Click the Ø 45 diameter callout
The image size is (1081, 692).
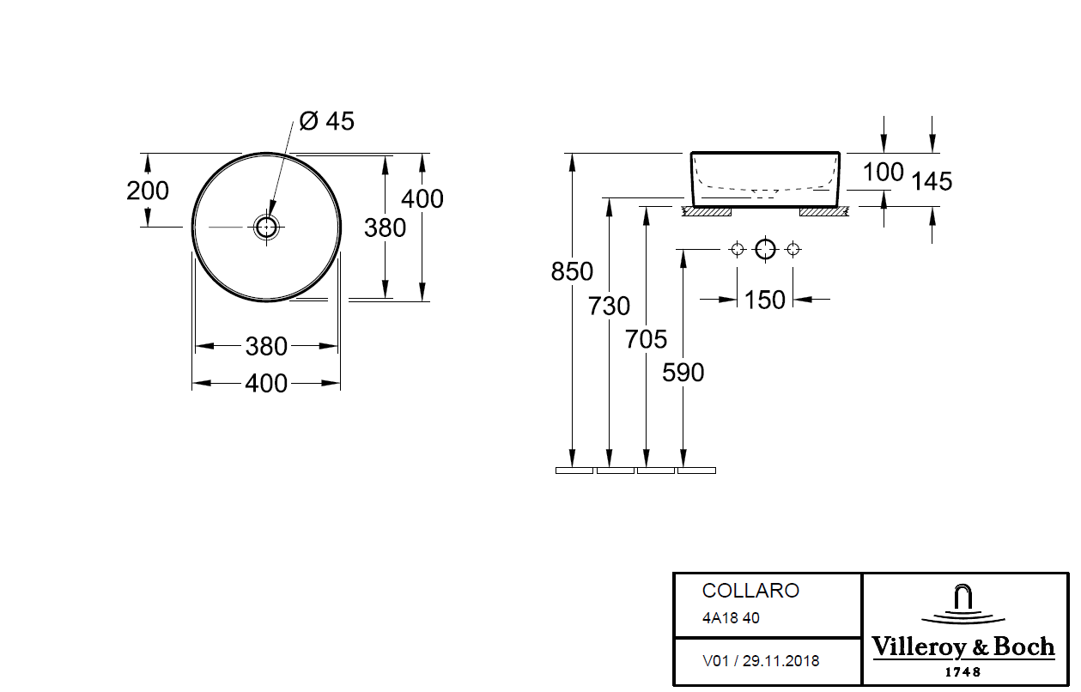(327, 121)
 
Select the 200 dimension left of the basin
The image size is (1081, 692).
(148, 191)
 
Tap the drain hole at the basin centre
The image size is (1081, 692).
(266, 227)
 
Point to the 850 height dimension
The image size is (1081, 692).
(572, 271)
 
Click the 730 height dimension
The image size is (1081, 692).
(609, 306)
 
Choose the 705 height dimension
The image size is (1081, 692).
(647, 339)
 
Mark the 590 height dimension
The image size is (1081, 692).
(683, 373)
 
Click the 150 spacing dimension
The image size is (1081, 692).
(765, 300)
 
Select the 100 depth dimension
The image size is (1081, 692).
(884, 172)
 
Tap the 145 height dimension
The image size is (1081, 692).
(932, 181)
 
